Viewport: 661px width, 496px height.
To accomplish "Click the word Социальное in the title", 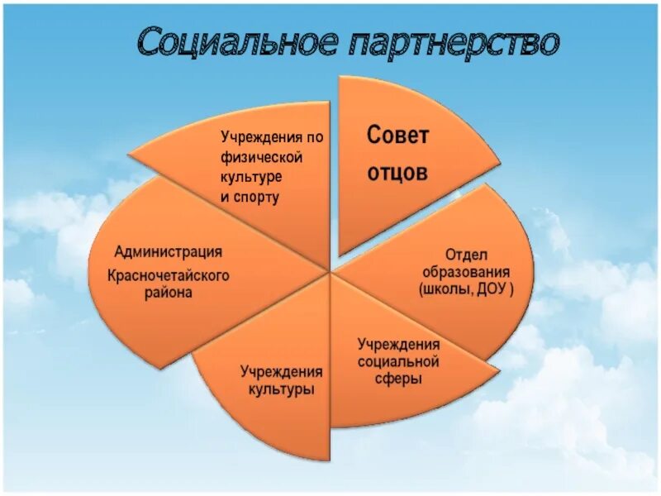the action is (x=235, y=42).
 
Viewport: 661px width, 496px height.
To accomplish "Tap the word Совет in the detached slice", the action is (x=397, y=136).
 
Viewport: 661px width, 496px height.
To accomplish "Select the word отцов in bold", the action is (x=397, y=173).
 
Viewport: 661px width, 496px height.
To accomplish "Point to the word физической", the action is (x=260, y=156).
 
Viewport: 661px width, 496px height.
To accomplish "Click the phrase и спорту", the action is (x=250, y=197).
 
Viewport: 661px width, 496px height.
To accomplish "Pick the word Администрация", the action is (x=168, y=251).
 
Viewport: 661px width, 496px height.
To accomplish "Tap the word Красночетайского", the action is (x=168, y=274).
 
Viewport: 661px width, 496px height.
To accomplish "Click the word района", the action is (x=168, y=293).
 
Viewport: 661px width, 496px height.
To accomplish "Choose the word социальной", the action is (x=398, y=361).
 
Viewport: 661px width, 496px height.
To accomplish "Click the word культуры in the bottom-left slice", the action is (x=282, y=388).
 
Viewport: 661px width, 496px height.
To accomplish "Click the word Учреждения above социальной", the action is (x=398, y=344).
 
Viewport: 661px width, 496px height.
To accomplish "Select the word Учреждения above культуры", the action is (x=282, y=370).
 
